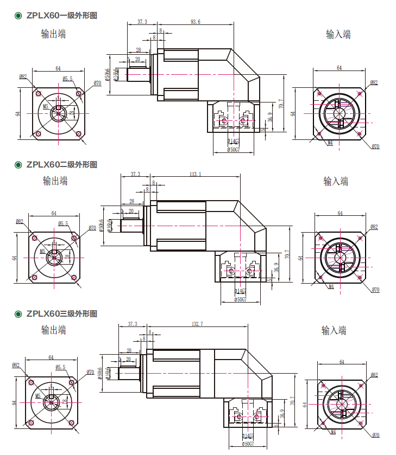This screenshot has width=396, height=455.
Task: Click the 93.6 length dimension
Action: pyautogui.click(x=196, y=22)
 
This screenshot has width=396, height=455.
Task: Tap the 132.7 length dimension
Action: pyautogui.click(x=197, y=324)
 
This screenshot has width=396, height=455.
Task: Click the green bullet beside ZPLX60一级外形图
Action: pyautogui.click(x=18, y=16)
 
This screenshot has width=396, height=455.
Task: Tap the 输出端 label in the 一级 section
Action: pyautogui.click(x=54, y=34)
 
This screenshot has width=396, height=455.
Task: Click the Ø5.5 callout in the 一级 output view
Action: pyautogui.click(x=67, y=79)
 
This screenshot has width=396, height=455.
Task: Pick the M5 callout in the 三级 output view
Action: pyautogui.click(x=38, y=396)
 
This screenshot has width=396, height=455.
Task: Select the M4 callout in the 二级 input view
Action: pyautogui.click(x=330, y=286)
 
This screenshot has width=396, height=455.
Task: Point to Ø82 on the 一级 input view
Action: pyautogui.click(x=374, y=82)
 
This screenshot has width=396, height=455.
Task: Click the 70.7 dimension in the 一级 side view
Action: pyautogui.click(x=281, y=103)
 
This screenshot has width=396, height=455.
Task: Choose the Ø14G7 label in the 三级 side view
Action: pyautogui.click(x=247, y=436)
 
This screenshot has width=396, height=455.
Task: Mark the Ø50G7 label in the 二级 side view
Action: pyautogui.click(x=240, y=299)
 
